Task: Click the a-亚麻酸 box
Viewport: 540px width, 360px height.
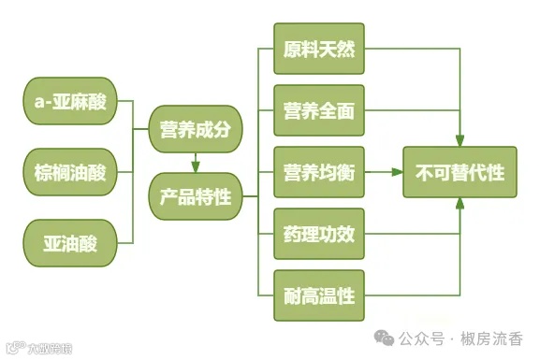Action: pyautogui.click(x=70, y=104)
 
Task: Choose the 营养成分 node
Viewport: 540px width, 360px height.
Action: pyautogui.click(x=196, y=129)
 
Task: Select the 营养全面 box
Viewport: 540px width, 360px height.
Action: pyautogui.click(x=319, y=110)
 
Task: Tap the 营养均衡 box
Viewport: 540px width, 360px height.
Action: pyautogui.click(x=319, y=171)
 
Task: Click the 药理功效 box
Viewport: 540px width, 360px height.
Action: pyautogui.click(x=319, y=235)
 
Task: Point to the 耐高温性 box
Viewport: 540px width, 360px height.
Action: pyautogui.click(x=319, y=296)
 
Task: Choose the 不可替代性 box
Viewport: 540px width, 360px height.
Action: pyautogui.click(x=460, y=172)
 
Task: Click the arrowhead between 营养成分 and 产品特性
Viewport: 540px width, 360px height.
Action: pyautogui.click(x=196, y=166)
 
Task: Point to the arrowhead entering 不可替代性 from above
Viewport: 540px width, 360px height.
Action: pyautogui.click(x=460, y=140)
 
